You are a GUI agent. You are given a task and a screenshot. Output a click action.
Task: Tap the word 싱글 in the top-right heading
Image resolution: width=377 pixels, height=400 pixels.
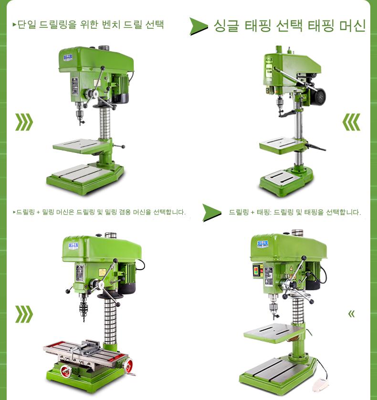pyautogui.click(x=226, y=26)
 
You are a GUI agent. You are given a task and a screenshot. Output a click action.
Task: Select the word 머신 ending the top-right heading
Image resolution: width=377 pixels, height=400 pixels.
pyautogui.click(x=353, y=25)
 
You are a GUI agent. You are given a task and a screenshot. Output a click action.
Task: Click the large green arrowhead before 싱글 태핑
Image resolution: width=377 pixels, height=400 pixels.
pyautogui.click(x=199, y=26)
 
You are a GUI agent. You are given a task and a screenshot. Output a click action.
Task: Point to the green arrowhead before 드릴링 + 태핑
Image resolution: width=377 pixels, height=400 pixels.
pyautogui.click(x=212, y=213)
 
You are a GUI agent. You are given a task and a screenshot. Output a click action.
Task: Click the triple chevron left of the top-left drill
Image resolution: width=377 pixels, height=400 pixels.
pyautogui.click(x=24, y=122)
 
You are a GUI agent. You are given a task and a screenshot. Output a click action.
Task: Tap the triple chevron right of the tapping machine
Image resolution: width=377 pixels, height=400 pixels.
pyautogui.click(x=351, y=122)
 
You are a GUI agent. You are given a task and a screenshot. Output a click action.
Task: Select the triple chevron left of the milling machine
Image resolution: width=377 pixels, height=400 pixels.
pyautogui.click(x=24, y=314)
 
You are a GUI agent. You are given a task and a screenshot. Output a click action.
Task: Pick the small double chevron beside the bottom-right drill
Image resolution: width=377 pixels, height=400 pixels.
pyautogui.click(x=352, y=314)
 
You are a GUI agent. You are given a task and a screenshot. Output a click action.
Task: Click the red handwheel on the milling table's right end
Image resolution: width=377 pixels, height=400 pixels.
pyautogui.click(x=128, y=365)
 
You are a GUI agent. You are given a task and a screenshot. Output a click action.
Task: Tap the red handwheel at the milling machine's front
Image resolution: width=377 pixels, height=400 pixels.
pyautogui.click(x=65, y=371)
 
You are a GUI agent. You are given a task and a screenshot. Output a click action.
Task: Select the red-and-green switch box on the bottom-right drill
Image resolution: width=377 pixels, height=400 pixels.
pyautogui.click(x=258, y=271)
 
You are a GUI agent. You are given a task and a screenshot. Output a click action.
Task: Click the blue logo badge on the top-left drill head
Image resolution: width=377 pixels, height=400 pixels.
pyautogui.click(x=68, y=58)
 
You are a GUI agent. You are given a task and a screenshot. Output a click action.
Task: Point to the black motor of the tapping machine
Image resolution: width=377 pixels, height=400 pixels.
pyautogui.click(x=318, y=96)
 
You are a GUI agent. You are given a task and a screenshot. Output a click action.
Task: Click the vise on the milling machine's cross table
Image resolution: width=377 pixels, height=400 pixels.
pyautogui.click(x=85, y=348)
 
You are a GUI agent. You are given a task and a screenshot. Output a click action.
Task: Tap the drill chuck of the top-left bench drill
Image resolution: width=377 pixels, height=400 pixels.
pyautogui.click(x=80, y=114)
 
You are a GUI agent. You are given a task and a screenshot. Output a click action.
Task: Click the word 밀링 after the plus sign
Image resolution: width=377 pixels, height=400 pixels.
pyautogui.click(x=47, y=212)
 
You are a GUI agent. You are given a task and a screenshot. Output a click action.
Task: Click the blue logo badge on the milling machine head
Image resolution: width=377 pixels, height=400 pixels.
pyautogui.click(x=73, y=246)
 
